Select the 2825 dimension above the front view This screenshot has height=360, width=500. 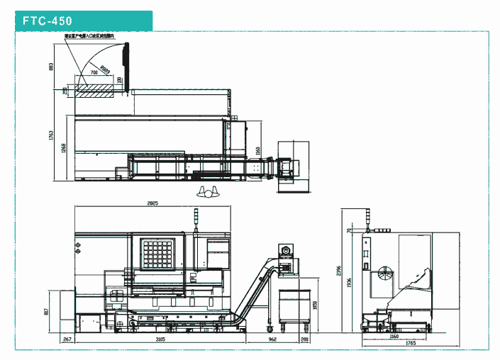pos(152,204)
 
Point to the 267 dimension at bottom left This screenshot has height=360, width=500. pos(67,340)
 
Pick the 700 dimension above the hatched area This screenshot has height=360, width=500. pos(94,73)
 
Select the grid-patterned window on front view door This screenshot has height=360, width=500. pos(158,253)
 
